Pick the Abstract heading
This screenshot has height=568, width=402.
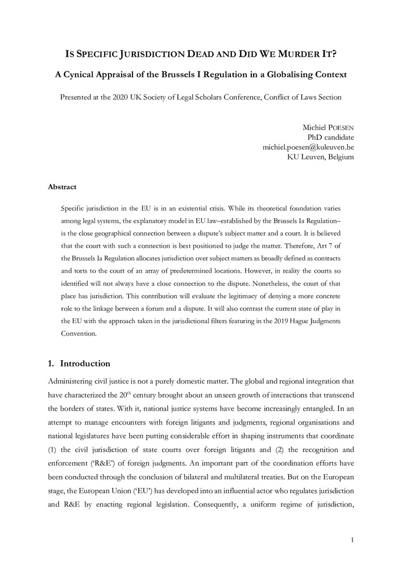62,187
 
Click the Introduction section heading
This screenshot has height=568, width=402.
85,364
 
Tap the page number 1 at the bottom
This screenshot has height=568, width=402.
352,538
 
